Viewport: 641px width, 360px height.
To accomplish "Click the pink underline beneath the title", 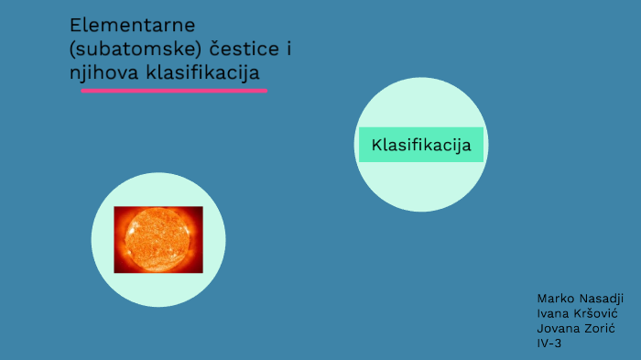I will [x=174, y=91].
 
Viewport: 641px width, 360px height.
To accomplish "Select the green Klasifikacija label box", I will [x=420, y=145].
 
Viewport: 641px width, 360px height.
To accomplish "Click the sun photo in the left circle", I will [x=158, y=239].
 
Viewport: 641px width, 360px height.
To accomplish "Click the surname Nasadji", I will [x=602, y=300].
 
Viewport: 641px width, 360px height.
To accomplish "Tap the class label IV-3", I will [x=549, y=344].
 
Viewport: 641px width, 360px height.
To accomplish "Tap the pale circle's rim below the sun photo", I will [x=158, y=303].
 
